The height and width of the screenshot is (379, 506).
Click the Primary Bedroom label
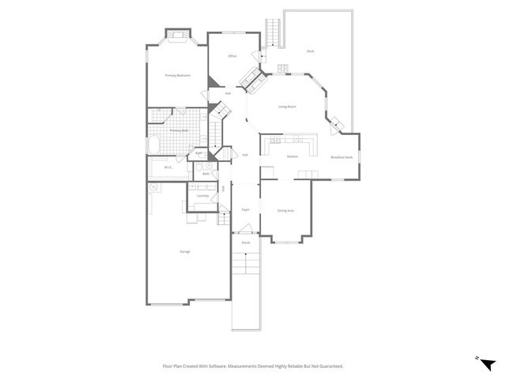click(x=178, y=76)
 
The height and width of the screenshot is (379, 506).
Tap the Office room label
click(x=232, y=56)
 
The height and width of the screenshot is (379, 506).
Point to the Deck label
click(x=311, y=51)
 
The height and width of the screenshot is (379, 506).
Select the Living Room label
click(x=287, y=106)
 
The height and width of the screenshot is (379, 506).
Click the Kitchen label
click(x=292, y=156)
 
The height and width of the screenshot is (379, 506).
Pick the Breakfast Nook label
click(x=342, y=157)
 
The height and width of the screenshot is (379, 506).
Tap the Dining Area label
click(x=286, y=211)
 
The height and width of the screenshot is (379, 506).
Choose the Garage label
click(x=185, y=251)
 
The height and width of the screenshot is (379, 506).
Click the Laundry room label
click(x=202, y=195)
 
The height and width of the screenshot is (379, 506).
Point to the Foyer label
click(x=246, y=210)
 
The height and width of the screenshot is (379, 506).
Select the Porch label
click(x=246, y=242)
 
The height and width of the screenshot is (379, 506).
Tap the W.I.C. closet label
click(x=168, y=167)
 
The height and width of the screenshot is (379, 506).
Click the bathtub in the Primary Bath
click(x=155, y=146)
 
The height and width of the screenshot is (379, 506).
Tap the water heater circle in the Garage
click(x=153, y=188)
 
